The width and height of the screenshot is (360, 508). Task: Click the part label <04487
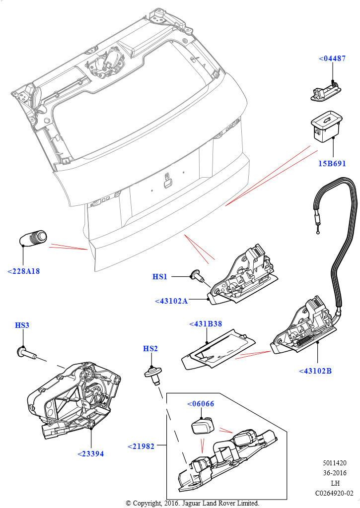pos(332,59)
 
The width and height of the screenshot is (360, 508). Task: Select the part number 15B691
pos(332,163)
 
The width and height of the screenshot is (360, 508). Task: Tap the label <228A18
pos(24,271)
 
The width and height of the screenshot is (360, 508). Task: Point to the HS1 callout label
pos(160,276)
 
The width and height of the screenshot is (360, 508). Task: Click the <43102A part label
pos(171,301)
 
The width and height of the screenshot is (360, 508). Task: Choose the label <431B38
pos(206,324)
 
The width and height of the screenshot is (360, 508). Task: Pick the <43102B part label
pos(315,371)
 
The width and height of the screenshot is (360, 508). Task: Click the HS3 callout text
pos(22,325)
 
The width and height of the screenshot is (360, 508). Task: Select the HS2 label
pos(150,349)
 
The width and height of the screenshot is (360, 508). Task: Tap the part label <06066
pos(201,403)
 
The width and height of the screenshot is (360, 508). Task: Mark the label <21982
pos(141,446)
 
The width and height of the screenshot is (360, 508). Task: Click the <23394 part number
pos(91,453)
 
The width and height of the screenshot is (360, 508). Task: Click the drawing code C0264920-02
pos(334,493)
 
